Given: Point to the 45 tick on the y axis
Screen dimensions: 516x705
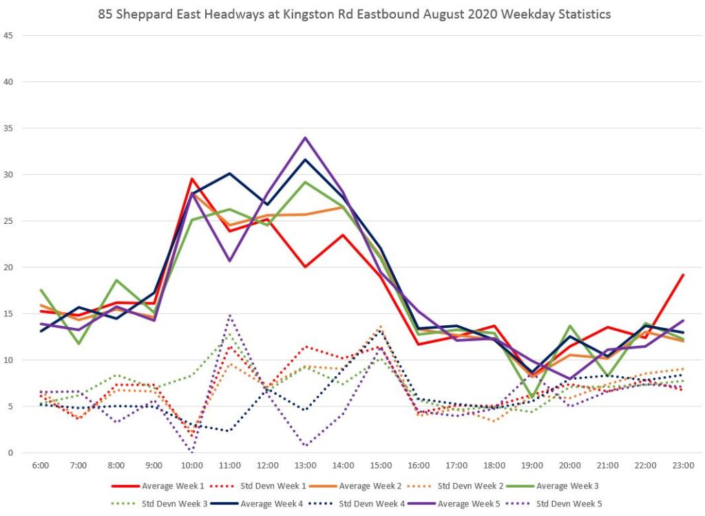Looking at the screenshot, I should click(8, 35).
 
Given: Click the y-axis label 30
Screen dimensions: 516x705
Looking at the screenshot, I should click(8, 174).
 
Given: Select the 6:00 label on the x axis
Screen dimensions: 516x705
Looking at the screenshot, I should click(41, 466).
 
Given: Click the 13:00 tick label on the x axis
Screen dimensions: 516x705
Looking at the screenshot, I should click(305, 466).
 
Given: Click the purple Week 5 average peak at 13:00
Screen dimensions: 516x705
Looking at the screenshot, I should click(305, 138).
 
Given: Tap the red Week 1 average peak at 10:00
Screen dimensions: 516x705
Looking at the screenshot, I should click(192, 179).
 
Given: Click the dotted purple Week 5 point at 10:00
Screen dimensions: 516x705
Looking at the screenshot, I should click(192, 452).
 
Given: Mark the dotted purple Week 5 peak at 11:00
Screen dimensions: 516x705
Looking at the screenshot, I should click(230, 316).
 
